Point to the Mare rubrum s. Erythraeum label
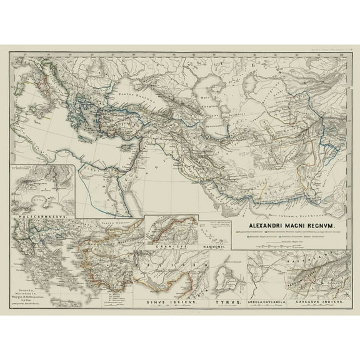click(x=250, y=194)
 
